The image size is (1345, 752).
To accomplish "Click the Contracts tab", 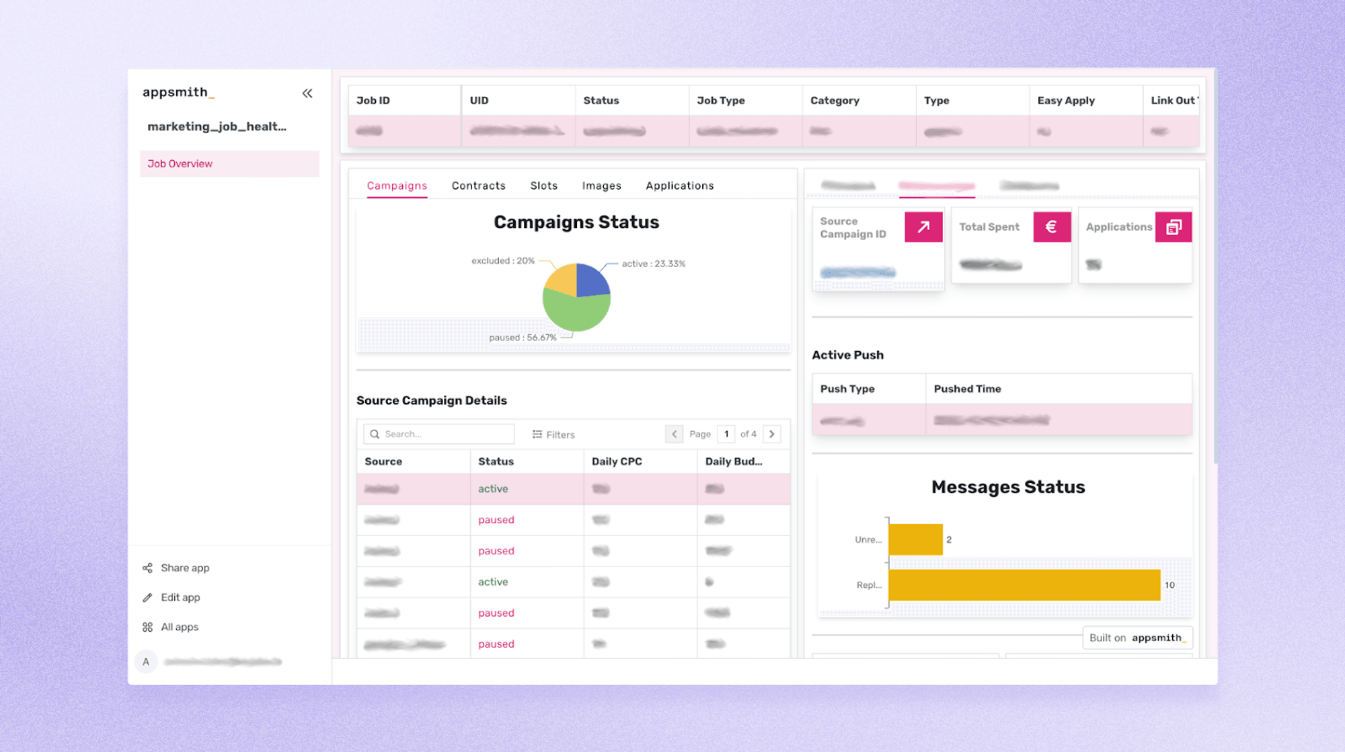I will tap(478, 186).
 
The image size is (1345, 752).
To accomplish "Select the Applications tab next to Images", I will tap(679, 186).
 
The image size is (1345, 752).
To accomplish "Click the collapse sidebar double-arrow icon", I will tap(307, 93).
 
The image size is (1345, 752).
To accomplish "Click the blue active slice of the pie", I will tap(591, 280).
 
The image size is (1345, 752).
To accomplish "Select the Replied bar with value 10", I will tap(1024, 585).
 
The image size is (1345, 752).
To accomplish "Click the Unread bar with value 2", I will tap(915, 539).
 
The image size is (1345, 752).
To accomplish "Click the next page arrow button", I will tap(772, 434).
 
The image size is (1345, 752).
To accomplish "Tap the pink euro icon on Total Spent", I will tap(1051, 227).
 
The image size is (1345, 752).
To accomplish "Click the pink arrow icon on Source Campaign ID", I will tap(923, 227).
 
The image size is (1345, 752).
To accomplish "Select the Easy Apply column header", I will tap(1066, 100).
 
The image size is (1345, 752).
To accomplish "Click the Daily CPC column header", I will tap(617, 461).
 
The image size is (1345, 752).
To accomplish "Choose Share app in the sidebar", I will tap(185, 568).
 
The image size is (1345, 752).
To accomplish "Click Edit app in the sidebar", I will tap(180, 597).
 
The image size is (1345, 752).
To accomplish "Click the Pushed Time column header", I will tap(967, 389).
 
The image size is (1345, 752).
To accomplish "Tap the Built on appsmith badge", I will tap(1137, 638).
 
